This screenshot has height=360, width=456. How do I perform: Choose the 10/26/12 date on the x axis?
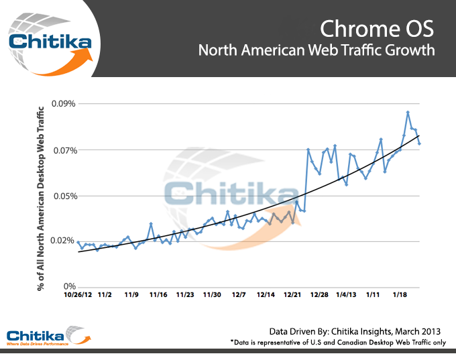click(x=78, y=294)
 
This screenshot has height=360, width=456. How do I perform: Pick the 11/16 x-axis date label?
click(x=158, y=294)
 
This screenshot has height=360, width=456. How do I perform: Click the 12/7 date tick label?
click(x=239, y=294)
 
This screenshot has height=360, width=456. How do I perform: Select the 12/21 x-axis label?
click(x=292, y=294)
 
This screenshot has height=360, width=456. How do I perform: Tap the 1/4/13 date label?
click(x=346, y=294)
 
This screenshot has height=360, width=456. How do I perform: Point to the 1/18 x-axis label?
click(x=400, y=294)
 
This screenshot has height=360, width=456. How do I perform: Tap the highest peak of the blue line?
click(x=408, y=112)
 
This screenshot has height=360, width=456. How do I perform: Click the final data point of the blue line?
click(x=419, y=143)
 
